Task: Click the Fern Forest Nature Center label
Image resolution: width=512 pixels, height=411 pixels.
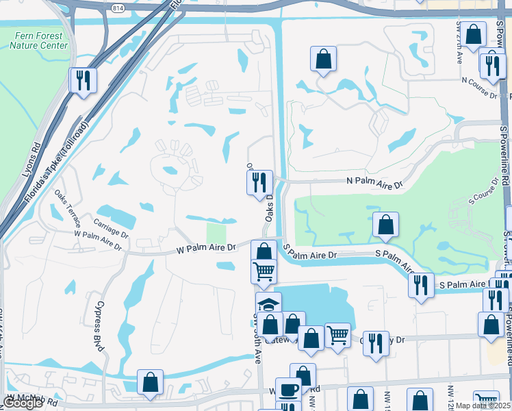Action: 38,40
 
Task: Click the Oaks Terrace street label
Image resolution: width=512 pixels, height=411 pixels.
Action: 67,208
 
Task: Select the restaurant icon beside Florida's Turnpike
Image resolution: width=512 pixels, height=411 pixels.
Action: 83,79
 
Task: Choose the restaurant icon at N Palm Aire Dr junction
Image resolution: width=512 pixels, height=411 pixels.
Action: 259,182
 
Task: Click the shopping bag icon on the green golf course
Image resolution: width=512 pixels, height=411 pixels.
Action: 385,224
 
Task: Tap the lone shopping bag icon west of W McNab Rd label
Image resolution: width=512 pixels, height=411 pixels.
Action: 150,382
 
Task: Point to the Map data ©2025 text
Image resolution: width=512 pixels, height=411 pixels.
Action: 483,406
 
